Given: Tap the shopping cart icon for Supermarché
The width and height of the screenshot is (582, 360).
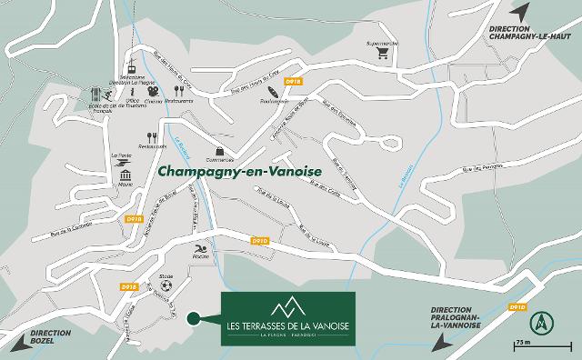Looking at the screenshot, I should [x=384, y=53].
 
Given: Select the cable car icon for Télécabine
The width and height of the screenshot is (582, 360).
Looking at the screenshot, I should [x=131, y=69].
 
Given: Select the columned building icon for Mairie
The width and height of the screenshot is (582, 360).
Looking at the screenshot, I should [x=125, y=175].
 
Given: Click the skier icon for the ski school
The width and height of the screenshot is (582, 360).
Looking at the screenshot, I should [x=109, y=95].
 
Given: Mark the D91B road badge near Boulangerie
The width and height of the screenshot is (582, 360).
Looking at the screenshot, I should [x=293, y=82].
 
